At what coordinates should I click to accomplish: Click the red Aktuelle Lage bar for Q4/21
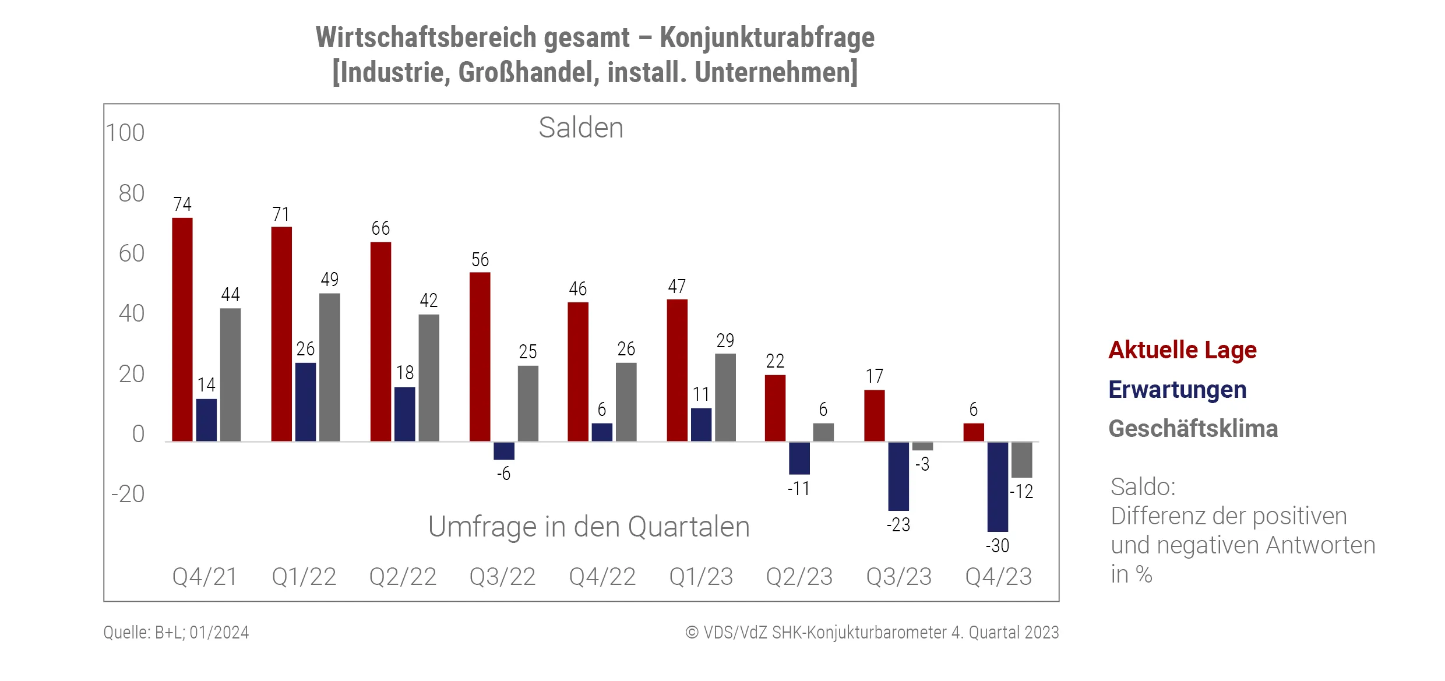click(x=182, y=329)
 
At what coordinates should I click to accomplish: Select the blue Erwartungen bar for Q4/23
click(x=998, y=486)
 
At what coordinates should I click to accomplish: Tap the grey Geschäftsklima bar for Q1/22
click(x=329, y=367)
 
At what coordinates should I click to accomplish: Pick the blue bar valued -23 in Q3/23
click(x=898, y=476)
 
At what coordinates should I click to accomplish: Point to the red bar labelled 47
click(x=677, y=370)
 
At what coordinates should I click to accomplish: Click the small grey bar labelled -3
click(x=922, y=446)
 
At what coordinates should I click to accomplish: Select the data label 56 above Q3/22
click(x=480, y=260)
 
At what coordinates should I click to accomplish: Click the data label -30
click(x=998, y=546)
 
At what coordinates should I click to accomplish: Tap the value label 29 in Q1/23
click(x=725, y=341)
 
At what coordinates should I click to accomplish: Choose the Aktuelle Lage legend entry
click(x=1182, y=350)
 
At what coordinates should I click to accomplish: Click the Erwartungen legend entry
click(x=1177, y=390)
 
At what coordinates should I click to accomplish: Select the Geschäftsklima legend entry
click(x=1193, y=429)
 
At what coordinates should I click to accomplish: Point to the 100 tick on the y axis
click(x=125, y=133)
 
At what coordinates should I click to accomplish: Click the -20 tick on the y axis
click(x=128, y=494)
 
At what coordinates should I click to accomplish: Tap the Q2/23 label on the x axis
click(x=799, y=577)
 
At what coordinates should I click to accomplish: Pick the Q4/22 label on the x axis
click(x=602, y=577)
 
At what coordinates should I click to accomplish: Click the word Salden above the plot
click(x=581, y=128)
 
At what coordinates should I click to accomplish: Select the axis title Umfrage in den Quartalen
click(x=588, y=527)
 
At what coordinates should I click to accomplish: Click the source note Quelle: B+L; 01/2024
click(x=176, y=633)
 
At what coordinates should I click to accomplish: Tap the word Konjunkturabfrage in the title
click(x=767, y=38)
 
